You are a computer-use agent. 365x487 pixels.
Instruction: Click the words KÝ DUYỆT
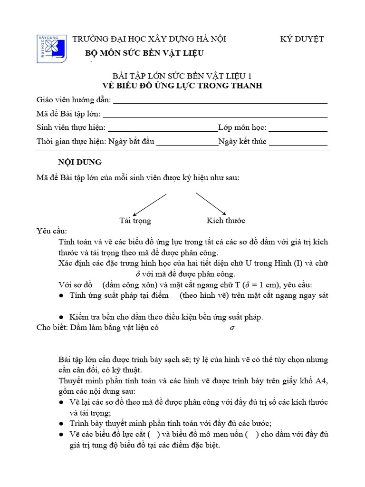click(x=302, y=39)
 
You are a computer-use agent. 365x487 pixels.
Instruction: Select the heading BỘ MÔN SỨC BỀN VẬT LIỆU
click(x=144, y=53)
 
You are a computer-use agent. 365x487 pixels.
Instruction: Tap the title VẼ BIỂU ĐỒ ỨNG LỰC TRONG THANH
click(x=182, y=86)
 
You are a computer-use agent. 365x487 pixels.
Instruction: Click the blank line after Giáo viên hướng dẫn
click(x=220, y=101)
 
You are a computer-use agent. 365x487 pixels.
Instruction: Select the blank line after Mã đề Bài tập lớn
click(x=215, y=115)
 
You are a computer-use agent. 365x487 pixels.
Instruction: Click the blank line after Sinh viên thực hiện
click(x=163, y=129)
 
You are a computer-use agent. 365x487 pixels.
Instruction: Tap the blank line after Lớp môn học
click(x=298, y=129)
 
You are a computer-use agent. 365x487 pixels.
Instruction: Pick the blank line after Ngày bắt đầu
click(x=187, y=143)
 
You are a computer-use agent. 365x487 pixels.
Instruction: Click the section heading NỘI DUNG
click(x=80, y=162)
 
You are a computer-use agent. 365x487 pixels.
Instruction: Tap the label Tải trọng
click(x=135, y=221)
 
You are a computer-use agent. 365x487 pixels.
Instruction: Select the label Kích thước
click(x=226, y=221)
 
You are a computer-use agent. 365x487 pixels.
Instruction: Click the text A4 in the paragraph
click(x=322, y=381)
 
